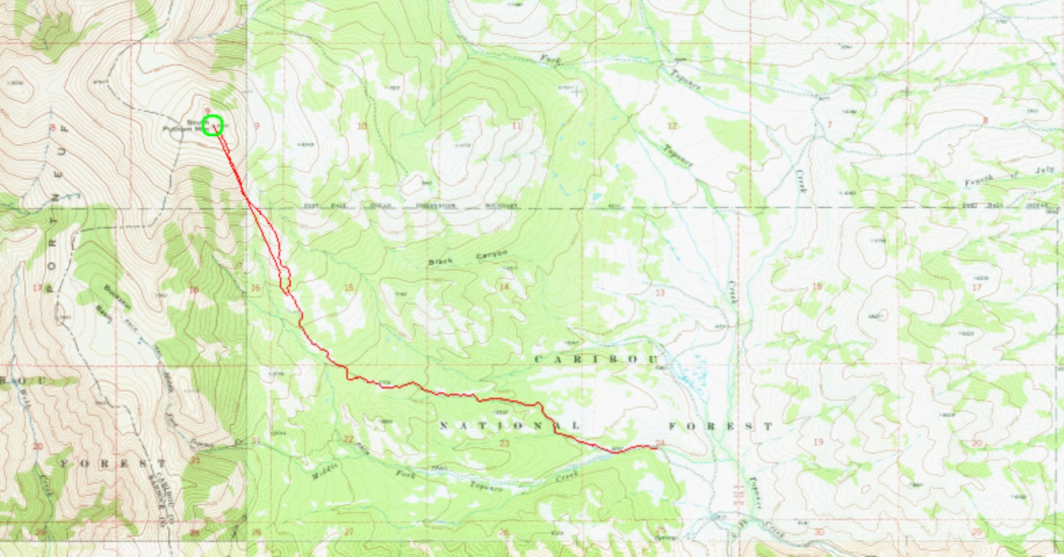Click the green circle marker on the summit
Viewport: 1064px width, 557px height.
pyautogui.click(x=213, y=125)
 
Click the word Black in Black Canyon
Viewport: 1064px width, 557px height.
pyautogui.click(x=439, y=261)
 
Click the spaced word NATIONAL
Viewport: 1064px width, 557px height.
pyautogui.click(x=509, y=425)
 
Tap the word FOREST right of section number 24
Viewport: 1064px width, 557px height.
pyautogui.click(x=721, y=427)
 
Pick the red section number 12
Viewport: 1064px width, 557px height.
pyautogui.click(x=672, y=125)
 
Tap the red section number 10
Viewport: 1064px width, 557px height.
pyautogui.click(x=362, y=126)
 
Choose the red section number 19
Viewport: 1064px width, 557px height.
pyautogui.click(x=818, y=442)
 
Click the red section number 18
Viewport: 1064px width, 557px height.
pyautogui.click(x=817, y=286)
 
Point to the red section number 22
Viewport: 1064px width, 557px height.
pyautogui.click(x=348, y=439)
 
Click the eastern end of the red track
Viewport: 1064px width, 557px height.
pyautogui.click(x=658, y=447)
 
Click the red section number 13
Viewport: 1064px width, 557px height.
pyautogui.click(x=660, y=293)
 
